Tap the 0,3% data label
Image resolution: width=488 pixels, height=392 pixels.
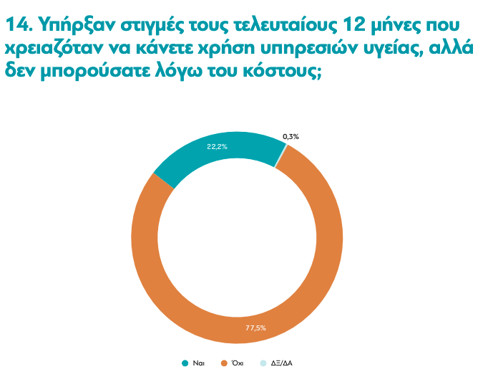pyautogui.click(x=291, y=136)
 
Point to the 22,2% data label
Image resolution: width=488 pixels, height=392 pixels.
pyautogui.click(x=217, y=146)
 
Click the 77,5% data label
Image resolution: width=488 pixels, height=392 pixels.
pyautogui.click(x=255, y=328)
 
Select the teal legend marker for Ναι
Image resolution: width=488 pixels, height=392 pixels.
pyautogui.click(x=185, y=363)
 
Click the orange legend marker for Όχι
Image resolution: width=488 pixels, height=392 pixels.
pyautogui.click(x=224, y=363)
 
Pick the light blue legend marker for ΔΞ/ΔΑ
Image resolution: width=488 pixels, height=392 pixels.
pyautogui.click(x=264, y=363)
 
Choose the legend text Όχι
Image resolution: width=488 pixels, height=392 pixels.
pyautogui.click(x=238, y=363)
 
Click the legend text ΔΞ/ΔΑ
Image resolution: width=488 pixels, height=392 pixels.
pyautogui.click(x=282, y=363)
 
